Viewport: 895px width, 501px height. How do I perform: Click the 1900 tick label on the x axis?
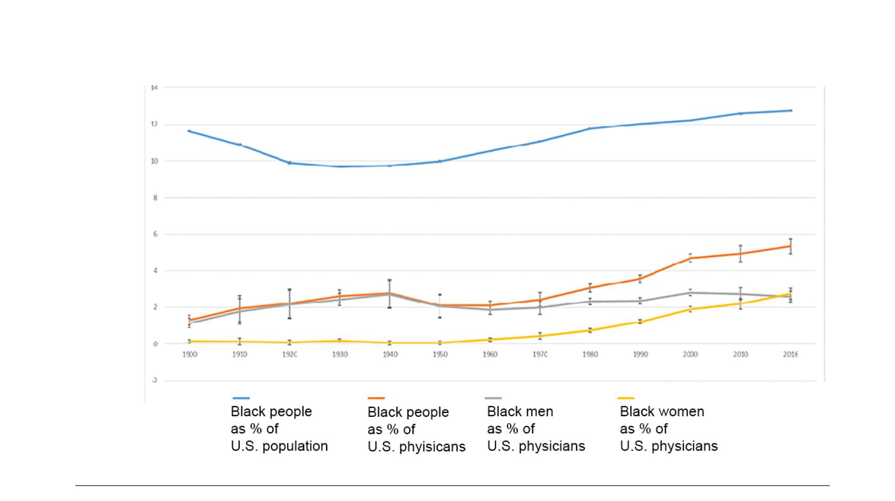[190, 354]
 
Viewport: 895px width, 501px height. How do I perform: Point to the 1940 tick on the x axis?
[390, 354]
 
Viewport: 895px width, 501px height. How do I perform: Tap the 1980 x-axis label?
[590, 354]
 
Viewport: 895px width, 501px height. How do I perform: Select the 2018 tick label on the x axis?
[791, 354]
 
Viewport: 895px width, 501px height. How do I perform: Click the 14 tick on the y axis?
[154, 87]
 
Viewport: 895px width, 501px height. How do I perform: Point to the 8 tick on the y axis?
[155, 198]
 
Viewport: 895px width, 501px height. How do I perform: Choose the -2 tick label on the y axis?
[154, 381]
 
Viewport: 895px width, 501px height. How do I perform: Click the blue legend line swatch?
[241, 398]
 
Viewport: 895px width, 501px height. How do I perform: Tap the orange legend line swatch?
[376, 398]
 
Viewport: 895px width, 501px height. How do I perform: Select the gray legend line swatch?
[493, 398]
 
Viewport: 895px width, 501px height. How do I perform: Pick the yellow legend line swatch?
[625, 398]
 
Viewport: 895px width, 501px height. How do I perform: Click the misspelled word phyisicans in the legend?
[432, 447]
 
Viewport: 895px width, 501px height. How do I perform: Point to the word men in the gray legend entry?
[540, 411]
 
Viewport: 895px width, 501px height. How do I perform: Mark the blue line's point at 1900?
[190, 131]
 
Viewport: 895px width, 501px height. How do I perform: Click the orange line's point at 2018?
[791, 246]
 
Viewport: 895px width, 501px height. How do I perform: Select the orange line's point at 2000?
[690, 258]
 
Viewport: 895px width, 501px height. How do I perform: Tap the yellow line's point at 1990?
[640, 321]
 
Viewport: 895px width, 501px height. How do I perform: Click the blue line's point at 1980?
[590, 128]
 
